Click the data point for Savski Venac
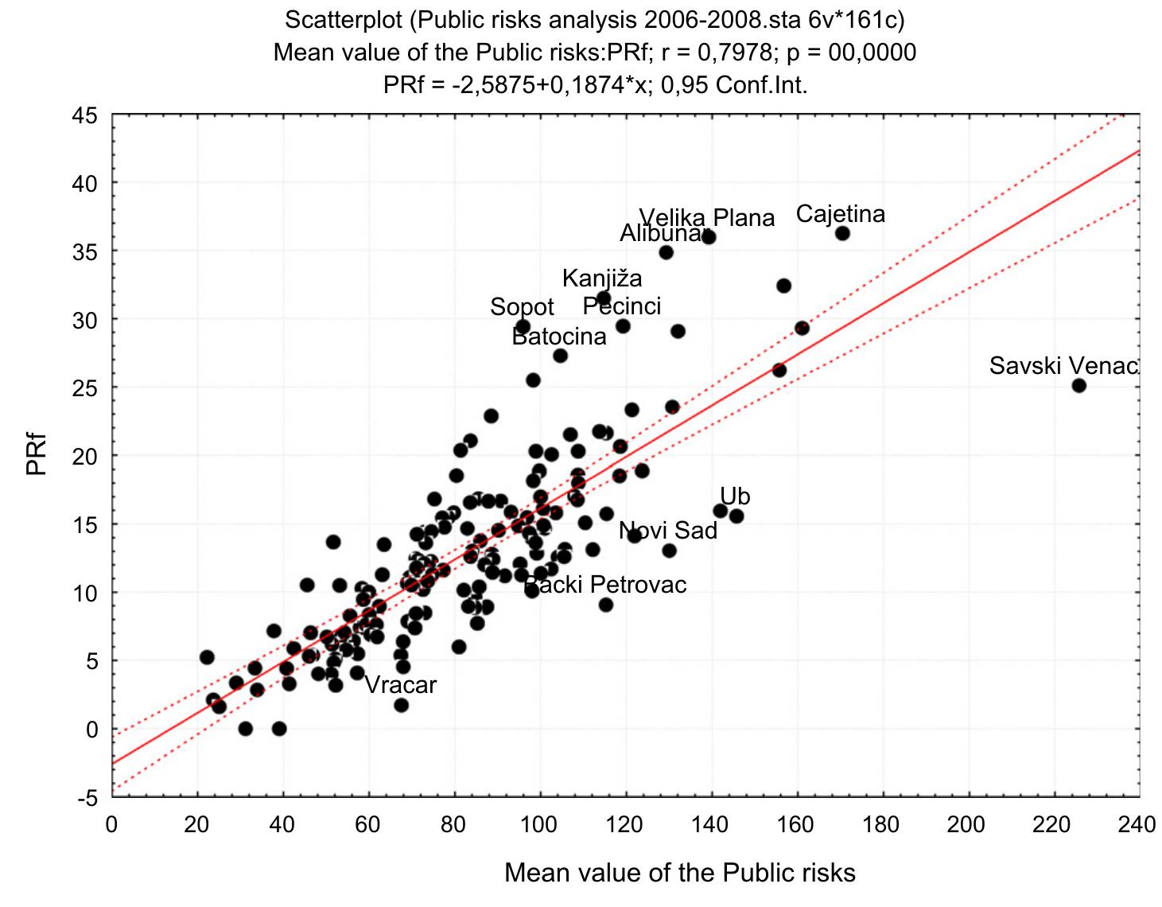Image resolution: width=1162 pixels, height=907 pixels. pos(1078,386)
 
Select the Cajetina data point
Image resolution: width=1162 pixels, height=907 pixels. pos(842,233)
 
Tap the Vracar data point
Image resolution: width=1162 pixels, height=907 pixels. pos(401,705)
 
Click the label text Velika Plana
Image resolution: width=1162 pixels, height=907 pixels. pos(706,218)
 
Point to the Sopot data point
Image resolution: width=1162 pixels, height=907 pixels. pos(523,326)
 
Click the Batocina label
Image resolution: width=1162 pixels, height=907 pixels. pos(558,337)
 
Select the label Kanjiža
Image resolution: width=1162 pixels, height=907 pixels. pos(602,278)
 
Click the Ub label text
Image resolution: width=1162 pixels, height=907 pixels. pos(735,496)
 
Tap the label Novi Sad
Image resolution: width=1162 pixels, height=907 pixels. pos(668,531)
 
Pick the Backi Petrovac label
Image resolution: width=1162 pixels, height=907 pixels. pos(605,586)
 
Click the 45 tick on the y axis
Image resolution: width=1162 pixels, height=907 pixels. pos(88,116)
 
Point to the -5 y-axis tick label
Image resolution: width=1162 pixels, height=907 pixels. pos(88,798)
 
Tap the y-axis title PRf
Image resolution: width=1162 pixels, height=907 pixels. pos(37,457)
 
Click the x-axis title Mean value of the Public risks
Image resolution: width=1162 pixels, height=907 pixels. pos(680,873)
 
